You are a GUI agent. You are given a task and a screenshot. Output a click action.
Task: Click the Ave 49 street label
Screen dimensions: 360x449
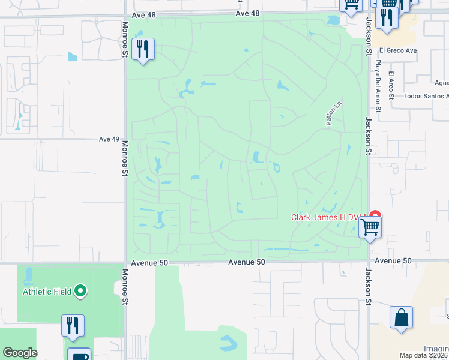(x=109, y=139)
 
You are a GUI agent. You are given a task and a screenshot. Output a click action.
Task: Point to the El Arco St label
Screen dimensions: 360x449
(x=391, y=85)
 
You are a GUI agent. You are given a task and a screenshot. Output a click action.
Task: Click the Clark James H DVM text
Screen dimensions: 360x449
(x=329, y=218)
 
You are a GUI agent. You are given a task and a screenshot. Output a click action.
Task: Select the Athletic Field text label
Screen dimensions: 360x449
(x=47, y=292)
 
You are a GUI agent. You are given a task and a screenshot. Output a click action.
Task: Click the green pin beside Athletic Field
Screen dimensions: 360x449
(x=81, y=292)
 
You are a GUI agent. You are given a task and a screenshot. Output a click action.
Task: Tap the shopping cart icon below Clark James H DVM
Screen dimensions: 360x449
(x=370, y=228)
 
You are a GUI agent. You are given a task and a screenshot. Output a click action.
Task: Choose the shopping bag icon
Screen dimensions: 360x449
(x=401, y=317)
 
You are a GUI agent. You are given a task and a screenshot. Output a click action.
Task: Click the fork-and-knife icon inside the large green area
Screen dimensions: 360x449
(x=143, y=49)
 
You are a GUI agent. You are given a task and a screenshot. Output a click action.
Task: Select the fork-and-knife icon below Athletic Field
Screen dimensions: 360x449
(x=73, y=325)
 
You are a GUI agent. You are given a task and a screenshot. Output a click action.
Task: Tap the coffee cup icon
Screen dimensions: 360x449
(x=79, y=355)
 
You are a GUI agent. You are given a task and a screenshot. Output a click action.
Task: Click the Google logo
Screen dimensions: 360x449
(x=20, y=353)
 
